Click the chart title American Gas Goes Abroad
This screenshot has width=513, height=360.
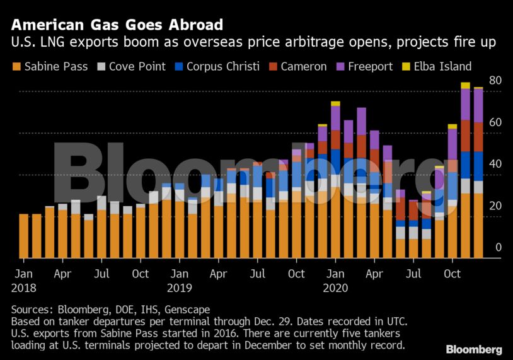(117, 25)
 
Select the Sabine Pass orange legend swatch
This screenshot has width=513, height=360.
(16, 66)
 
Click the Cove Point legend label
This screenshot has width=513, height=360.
(137, 66)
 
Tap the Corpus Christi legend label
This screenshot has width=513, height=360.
(222, 66)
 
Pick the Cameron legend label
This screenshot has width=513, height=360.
(304, 66)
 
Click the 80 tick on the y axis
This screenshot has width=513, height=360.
(495, 81)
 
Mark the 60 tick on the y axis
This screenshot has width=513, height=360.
(495, 122)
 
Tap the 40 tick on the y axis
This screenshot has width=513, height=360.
(495, 164)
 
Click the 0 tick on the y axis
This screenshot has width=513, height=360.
(498, 247)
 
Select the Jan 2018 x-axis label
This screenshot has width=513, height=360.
(24, 281)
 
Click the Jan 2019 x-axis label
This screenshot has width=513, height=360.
(180, 281)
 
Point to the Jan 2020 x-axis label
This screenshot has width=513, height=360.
(335, 281)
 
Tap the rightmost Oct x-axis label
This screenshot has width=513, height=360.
(452, 274)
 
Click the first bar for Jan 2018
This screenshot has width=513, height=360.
(24, 236)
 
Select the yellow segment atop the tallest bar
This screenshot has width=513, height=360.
(465, 85)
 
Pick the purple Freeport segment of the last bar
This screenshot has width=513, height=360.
(478, 105)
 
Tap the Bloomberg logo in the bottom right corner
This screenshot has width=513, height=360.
(473, 349)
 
